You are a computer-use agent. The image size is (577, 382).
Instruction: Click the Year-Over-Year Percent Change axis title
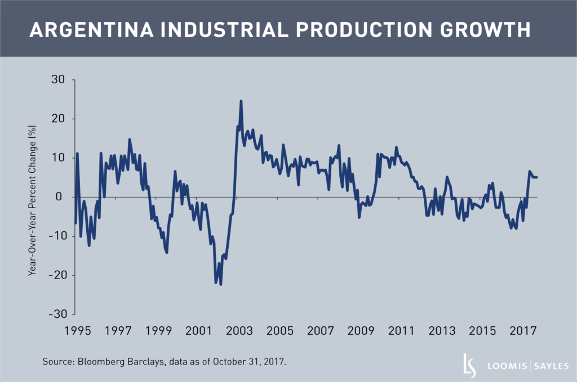point(33,197)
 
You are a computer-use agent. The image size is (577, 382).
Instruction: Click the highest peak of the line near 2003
point(241,101)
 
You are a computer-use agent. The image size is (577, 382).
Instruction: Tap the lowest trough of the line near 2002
point(220,284)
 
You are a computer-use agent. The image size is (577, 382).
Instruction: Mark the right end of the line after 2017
point(537,177)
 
